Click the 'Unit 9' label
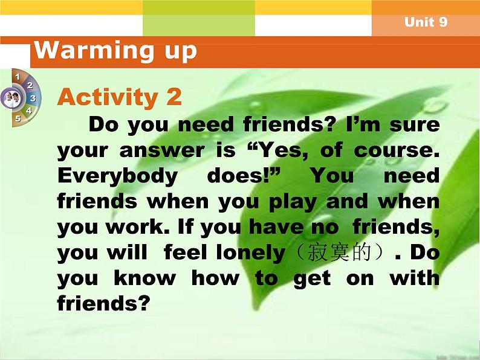coord(426,22)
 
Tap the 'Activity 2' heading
coord(119,97)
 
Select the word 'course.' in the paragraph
coord(404,151)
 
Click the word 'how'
coord(215,278)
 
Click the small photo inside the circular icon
coord(11,97)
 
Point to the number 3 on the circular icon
coord(33,98)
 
